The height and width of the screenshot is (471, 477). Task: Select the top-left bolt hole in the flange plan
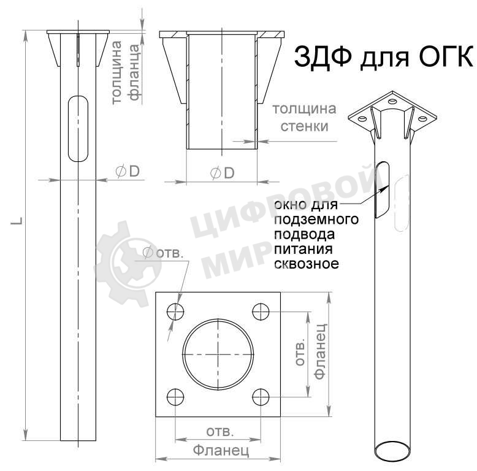pyautogui.click(x=176, y=312)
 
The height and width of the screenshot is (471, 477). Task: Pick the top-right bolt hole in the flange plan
pyautogui.click(x=261, y=312)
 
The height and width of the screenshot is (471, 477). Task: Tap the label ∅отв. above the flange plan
pyautogui.click(x=163, y=253)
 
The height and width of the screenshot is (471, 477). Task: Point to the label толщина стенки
pyautogui.click(x=304, y=118)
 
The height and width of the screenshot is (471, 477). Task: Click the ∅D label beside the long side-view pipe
pyautogui.click(x=128, y=172)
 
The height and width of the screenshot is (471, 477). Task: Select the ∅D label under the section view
pyautogui.click(x=222, y=174)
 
